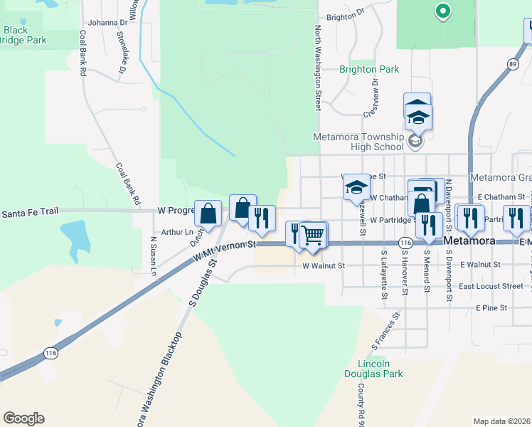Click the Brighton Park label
click(x=369, y=69)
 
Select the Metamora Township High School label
click(x=358, y=142)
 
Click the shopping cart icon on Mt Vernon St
click(x=313, y=235)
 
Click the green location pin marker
click(x=442, y=11)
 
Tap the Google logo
click(x=23, y=418)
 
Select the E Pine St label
click(x=491, y=308)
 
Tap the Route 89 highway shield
click(x=512, y=64)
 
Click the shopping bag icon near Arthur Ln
click(x=207, y=213)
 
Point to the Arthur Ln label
click(x=177, y=232)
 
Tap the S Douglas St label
click(x=202, y=283)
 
